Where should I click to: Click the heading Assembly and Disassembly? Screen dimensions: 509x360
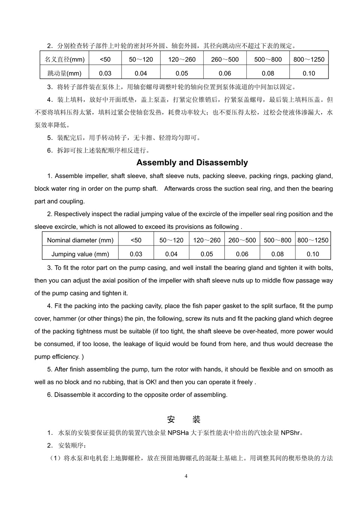(x=192, y=163)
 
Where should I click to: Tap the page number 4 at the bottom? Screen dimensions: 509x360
(x=186, y=476)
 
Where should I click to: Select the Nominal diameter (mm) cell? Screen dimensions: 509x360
(x=80, y=240)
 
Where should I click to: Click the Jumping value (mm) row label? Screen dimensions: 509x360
(x=80, y=254)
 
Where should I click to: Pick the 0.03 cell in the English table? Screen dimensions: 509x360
(x=136, y=254)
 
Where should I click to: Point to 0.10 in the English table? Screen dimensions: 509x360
(x=313, y=254)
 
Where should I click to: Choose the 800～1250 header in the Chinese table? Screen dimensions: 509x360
(x=309, y=59)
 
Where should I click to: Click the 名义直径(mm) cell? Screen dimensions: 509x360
(x=64, y=59)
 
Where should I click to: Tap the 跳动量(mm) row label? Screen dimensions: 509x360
(x=64, y=73)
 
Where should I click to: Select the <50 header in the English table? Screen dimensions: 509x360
(x=136, y=240)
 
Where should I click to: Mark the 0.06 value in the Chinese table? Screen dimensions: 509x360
(x=225, y=73)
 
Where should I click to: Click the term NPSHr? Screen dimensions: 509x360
(x=291, y=433)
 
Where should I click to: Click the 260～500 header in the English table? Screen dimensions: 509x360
(x=242, y=240)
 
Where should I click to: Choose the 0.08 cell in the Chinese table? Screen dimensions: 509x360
(x=268, y=73)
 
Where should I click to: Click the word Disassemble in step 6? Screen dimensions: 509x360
(x=72, y=395)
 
